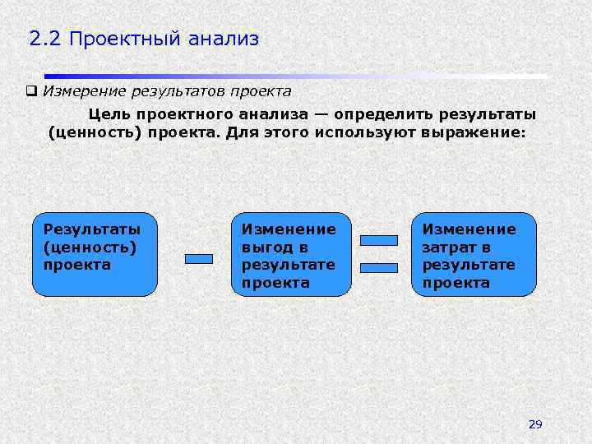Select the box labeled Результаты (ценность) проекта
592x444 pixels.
point(95,254)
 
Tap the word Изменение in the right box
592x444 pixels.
point(469,229)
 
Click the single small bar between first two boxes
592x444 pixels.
point(199,259)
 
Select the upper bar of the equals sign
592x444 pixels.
point(379,241)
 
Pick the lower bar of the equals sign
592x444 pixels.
point(379,267)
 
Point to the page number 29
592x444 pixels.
point(535,424)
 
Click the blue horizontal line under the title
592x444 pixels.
point(296,76)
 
